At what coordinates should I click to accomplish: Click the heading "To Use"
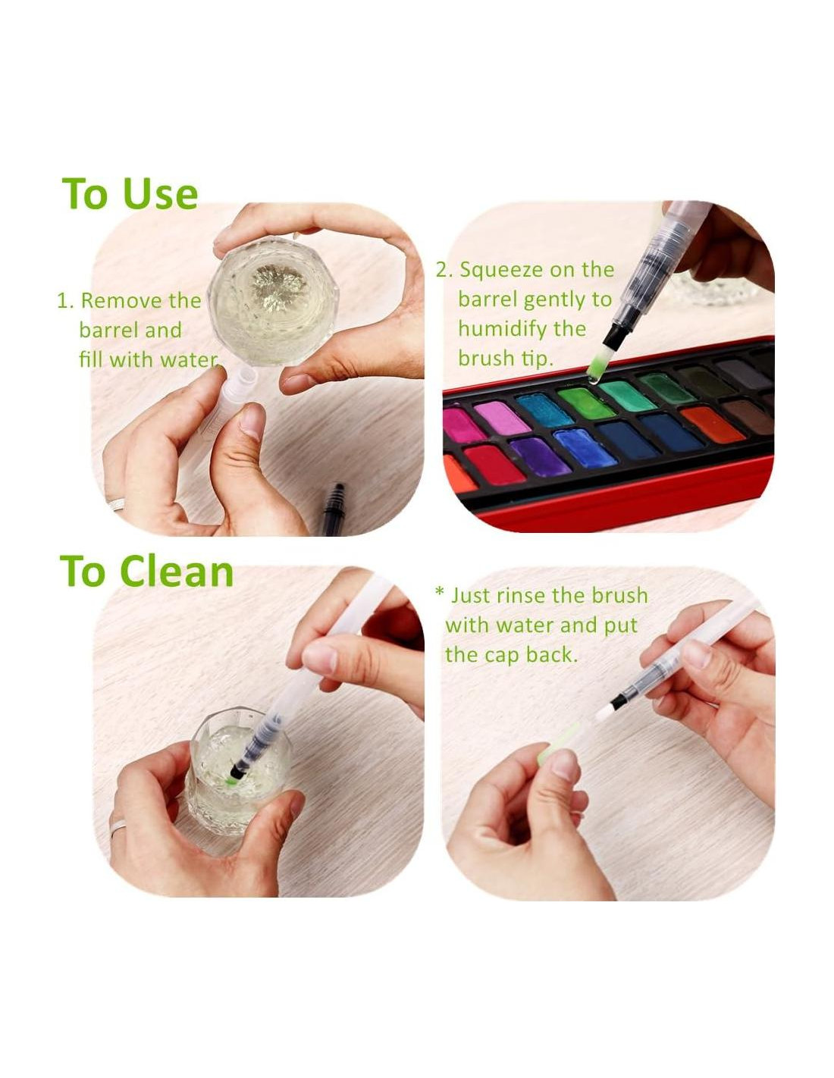coord(130,193)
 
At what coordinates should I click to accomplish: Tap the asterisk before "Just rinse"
coord(438,592)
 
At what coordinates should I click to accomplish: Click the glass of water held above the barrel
coord(273,293)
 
